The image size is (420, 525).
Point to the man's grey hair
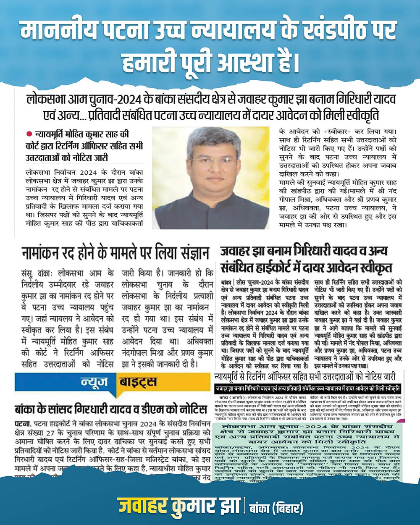pos(210,139)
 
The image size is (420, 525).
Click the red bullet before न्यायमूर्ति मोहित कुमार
pos(29,134)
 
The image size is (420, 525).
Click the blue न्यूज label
pos(94,382)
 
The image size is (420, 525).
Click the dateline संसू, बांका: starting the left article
pos(38,273)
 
